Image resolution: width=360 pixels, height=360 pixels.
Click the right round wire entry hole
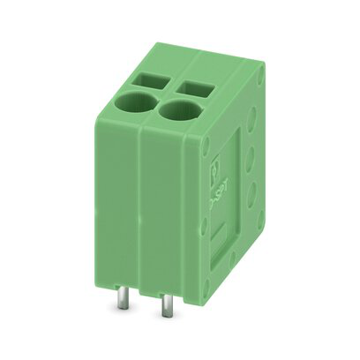point(176,112)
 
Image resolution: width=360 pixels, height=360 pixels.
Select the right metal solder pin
point(165,310)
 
